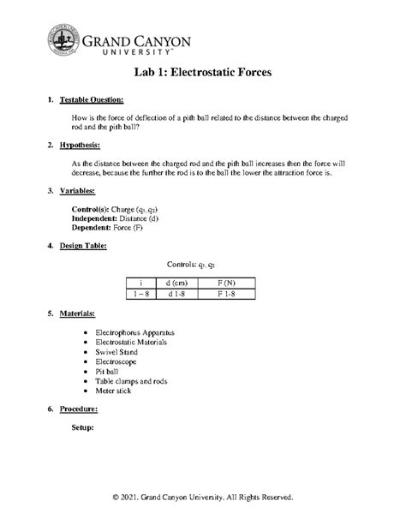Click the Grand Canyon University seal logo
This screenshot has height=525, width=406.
tap(63, 39)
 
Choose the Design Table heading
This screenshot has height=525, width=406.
tap(88, 245)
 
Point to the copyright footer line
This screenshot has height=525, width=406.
tap(202, 497)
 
